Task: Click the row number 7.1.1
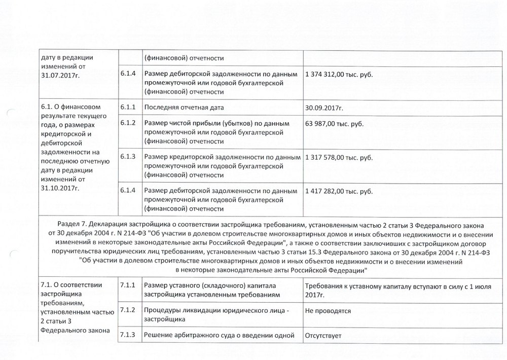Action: point(128,285)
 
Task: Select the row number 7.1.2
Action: point(128,310)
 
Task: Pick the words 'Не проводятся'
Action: point(328,311)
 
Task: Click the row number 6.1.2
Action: point(128,123)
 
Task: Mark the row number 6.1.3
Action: point(128,157)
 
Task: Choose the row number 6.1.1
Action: point(128,107)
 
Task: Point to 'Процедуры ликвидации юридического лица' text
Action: point(212,311)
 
